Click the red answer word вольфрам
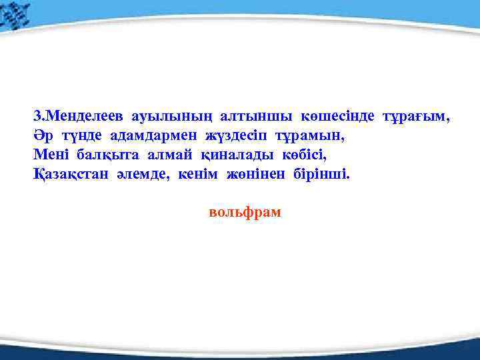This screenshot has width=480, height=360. tap(245, 213)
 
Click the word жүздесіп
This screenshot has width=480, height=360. tap(239, 135)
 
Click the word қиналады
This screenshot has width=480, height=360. tap(231, 155)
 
